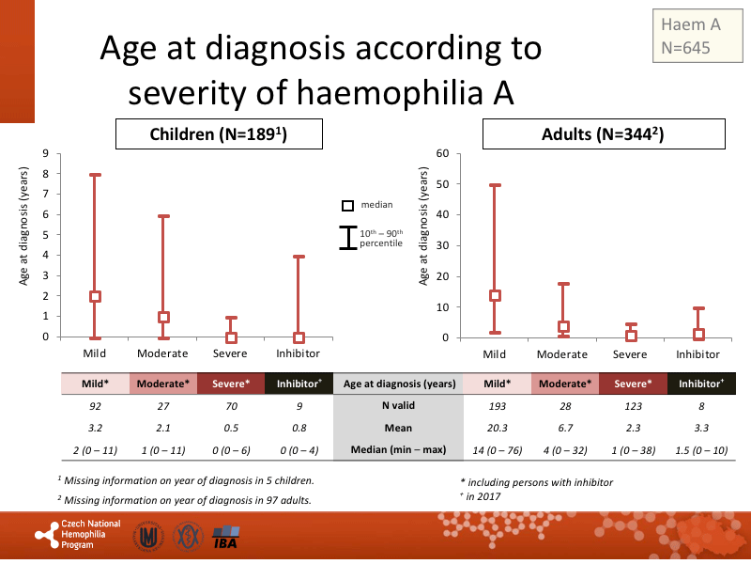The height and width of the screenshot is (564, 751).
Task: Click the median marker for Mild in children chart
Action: point(95,296)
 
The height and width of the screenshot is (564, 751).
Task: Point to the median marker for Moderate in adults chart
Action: point(563,327)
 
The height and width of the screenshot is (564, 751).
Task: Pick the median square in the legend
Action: point(347,205)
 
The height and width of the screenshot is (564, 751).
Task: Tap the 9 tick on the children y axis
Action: point(46,153)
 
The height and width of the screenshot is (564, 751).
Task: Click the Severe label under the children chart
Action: point(231,353)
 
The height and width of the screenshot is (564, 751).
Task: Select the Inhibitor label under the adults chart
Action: point(697,354)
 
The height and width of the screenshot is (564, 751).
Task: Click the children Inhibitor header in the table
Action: point(299,384)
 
